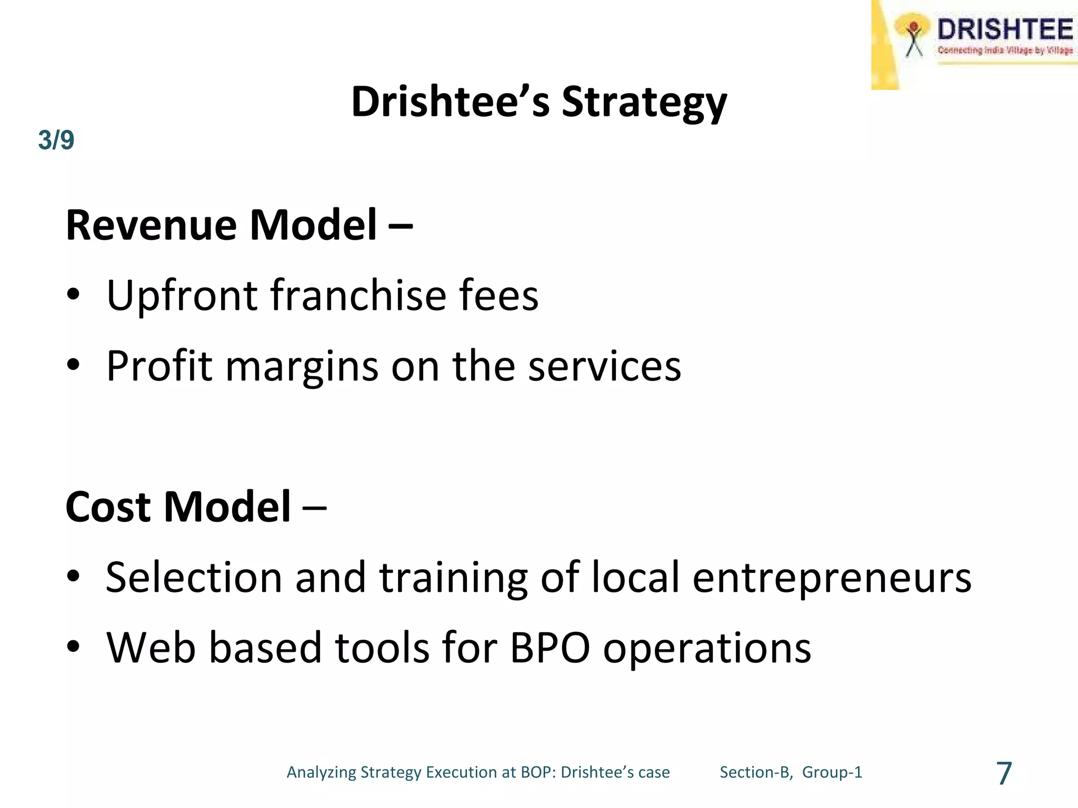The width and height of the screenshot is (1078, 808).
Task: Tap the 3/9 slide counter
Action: click(56, 140)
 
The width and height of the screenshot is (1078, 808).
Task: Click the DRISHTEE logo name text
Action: click(1004, 29)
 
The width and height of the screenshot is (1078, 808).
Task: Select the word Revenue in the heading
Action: click(152, 225)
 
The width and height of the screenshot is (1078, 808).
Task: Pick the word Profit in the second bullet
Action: click(159, 366)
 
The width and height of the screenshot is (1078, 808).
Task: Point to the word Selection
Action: click(194, 578)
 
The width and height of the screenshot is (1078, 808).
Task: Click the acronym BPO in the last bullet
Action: click(550, 648)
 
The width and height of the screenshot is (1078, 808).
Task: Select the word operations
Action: click(706, 649)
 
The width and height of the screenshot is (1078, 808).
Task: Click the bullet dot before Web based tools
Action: click(73, 647)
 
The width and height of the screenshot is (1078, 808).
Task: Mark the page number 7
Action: click(1004, 773)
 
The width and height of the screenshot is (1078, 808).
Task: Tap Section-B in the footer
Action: click(756, 772)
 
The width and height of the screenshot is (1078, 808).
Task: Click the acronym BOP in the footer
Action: click(536, 772)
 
